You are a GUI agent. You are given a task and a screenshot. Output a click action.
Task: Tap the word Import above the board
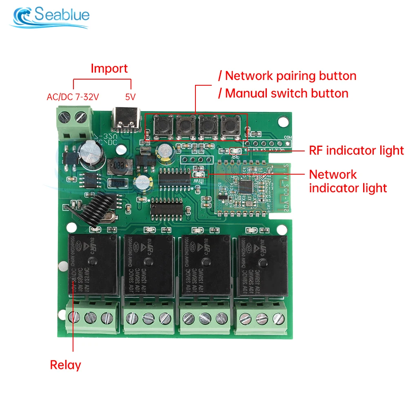point(109,68)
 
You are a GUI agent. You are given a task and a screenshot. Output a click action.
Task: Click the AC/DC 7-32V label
point(73,97)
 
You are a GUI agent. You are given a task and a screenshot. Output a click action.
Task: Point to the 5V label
point(130,97)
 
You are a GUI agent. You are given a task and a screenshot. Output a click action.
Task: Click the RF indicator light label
point(356,151)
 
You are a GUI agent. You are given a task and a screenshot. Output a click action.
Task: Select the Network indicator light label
point(348,181)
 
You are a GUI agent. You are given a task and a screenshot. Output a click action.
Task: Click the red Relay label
point(65,365)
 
